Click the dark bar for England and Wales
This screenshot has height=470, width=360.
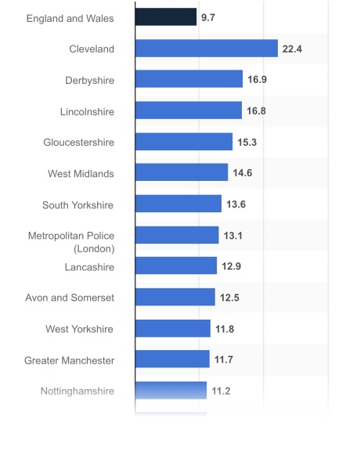tap(165, 17)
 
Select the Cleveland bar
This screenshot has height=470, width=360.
tap(206, 49)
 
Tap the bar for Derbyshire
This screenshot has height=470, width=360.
tap(189, 79)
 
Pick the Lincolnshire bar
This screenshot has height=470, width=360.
tap(188, 110)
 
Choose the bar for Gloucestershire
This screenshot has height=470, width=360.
tap(183, 142)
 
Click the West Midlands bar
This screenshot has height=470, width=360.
tap(181, 173)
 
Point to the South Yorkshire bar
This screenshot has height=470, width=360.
tap(178, 204)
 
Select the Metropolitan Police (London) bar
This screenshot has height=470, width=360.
tap(176, 235)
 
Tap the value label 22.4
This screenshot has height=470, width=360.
tap(292, 49)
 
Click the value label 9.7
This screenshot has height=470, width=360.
tap(208, 17)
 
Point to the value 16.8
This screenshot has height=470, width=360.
tap(256, 110)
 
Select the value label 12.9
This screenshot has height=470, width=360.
tap(231, 266)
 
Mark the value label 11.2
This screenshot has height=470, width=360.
tap(221, 391)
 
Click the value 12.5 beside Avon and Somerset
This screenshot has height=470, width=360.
tap(229, 298)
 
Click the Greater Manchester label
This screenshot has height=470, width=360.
tap(69, 360)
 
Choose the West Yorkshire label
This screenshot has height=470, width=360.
tap(80, 329)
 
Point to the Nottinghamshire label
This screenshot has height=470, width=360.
tap(77, 391)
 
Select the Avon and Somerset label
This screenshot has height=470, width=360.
tap(70, 298)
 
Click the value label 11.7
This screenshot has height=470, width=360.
tap(224, 360)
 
